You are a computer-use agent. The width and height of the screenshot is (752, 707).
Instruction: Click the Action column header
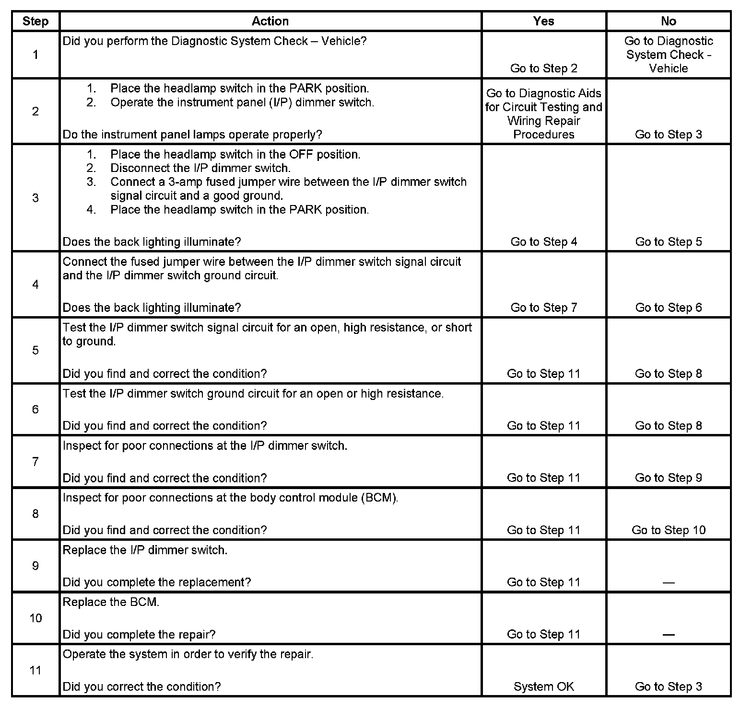(x=270, y=21)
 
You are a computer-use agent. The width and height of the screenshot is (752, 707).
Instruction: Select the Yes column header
(x=543, y=21)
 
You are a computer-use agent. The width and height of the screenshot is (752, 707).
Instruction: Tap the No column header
(x=668, y=21)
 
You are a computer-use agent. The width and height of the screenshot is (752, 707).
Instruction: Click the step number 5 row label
(x=35, y=350)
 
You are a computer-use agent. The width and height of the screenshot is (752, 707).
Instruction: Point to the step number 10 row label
(x=35, y=618)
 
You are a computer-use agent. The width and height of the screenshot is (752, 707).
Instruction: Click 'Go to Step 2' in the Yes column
(x=543, y=68)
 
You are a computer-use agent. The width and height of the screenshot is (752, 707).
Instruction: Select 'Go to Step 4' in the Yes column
(x=543, y=241)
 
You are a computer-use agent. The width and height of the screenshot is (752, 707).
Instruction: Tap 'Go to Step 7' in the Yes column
(x=543, y=308)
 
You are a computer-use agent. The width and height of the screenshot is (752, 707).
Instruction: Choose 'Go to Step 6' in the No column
(x=668, y=308)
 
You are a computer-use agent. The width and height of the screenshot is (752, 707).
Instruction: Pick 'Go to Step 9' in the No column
(x=668, y=478)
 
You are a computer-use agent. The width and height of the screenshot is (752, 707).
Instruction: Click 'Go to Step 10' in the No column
(x=668, y=530)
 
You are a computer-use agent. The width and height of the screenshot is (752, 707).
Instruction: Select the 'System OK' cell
(x=543, y=686)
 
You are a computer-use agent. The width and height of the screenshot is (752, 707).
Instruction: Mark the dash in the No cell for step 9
(x=668, y=583)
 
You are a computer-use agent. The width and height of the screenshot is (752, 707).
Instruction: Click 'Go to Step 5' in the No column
(x=668, y=241)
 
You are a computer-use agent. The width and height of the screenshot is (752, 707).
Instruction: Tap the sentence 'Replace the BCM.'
(x=111, y=602)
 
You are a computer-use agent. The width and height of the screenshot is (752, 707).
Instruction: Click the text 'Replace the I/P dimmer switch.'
(x=145, y=550)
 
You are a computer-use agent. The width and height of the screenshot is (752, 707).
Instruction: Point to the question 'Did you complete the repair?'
(x=139, y=635)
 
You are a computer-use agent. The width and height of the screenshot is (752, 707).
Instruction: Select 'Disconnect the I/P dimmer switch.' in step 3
(x=200, y=168)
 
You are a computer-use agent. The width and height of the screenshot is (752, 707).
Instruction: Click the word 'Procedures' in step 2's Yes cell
(x=543, y=135)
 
